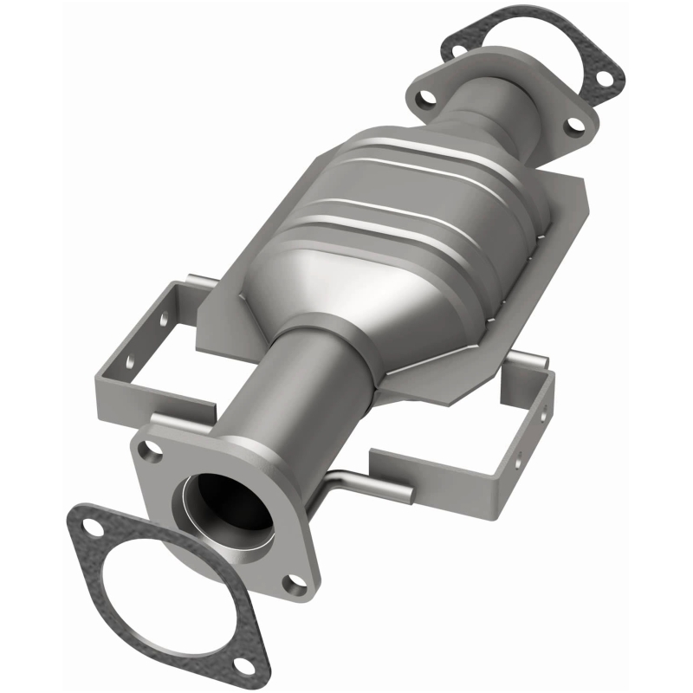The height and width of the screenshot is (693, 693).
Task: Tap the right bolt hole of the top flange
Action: pyautogui.click(x=573, y=125)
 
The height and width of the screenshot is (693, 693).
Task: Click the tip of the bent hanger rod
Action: pyautogui.click(x=407, y=496)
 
